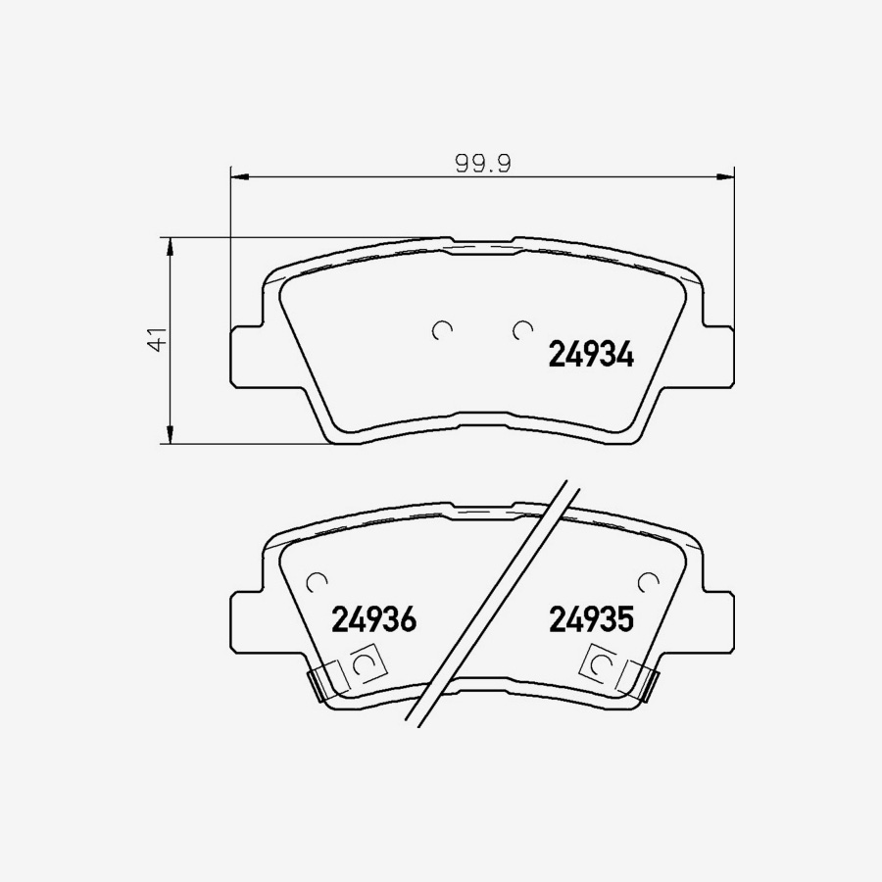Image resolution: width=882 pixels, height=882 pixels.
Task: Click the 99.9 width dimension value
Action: coord(482,164)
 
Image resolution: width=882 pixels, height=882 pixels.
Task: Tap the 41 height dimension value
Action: coord(154,340)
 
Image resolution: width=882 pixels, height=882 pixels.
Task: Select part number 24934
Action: coord(590,354)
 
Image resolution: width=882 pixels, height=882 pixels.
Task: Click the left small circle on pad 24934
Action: coord(442,330)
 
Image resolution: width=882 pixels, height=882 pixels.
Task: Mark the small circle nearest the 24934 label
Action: coord(521,330)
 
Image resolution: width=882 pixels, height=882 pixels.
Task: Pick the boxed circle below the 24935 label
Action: coord(599,664)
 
